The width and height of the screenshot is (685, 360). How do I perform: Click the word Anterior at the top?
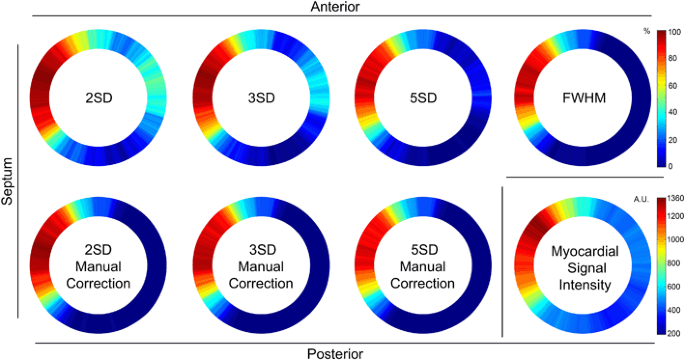[x=336, y=7]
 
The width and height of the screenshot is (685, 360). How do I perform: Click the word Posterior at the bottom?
[x=336, y=353]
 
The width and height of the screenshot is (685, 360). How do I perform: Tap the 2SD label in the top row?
[x=98, y=99]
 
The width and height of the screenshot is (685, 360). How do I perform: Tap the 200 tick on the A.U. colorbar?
[x=674, y=331]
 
